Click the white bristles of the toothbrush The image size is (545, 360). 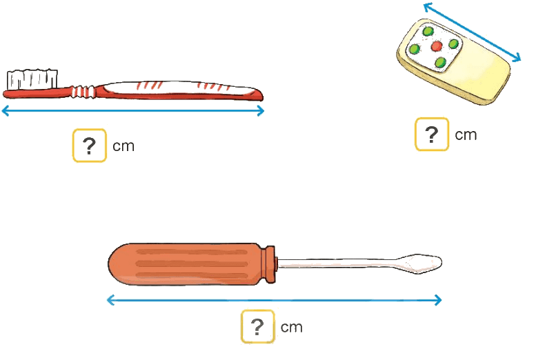click(32, 79)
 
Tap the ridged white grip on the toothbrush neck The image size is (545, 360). click(83, 92)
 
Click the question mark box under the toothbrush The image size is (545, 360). click(89, 146)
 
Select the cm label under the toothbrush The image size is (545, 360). click(123, 146)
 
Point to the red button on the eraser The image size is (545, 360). click(437, 46)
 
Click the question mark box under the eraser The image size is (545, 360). click(432, 134)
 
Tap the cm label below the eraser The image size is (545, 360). click(466, 135)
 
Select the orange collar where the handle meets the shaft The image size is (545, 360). click(270, 264)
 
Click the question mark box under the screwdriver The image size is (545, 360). click(257, 327)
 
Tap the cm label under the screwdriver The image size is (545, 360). click(291, 328)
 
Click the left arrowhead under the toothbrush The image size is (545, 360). click(6, 111)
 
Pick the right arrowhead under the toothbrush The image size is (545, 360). click(261, 111)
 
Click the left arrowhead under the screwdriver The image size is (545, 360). click(111, 300)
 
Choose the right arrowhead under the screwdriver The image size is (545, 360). click(437, 300)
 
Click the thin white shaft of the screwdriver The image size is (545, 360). click(339, 263)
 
